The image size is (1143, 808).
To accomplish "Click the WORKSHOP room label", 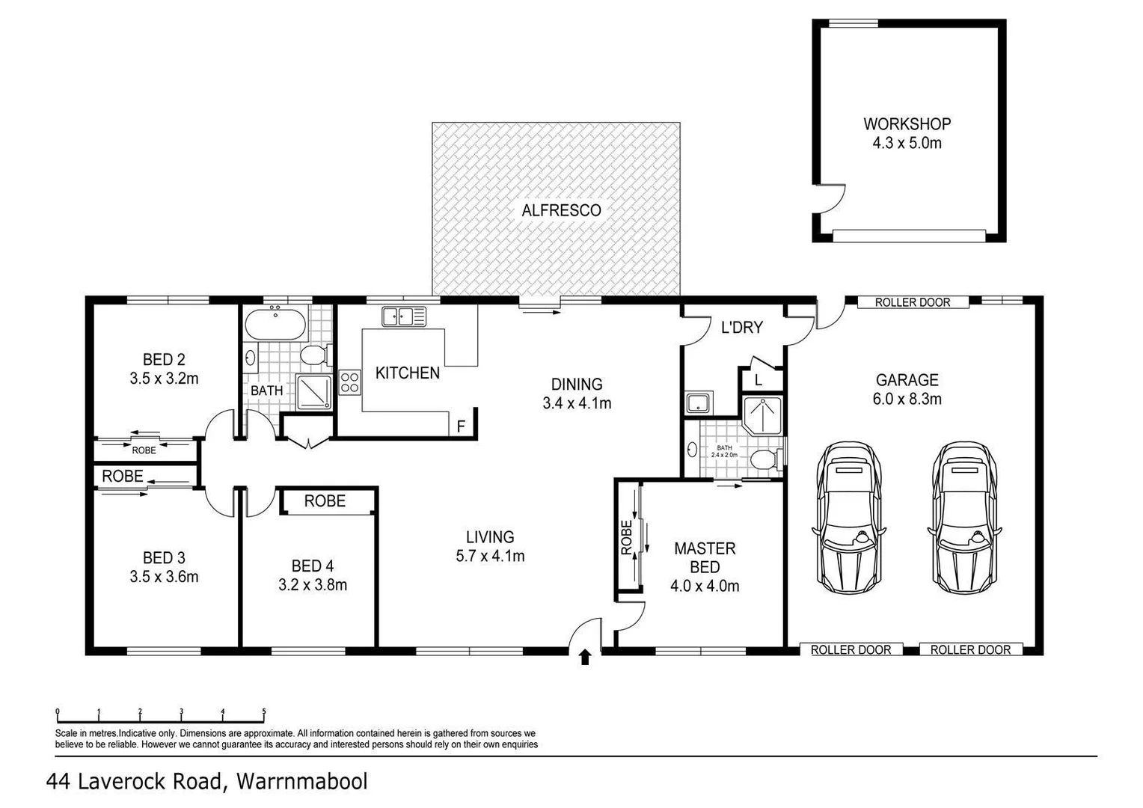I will tap(907, 124).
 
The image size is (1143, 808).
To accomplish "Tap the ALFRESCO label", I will tap(561, 210).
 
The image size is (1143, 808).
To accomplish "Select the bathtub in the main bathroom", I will tap(275, 323).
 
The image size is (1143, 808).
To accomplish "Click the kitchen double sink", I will tap(404, 316).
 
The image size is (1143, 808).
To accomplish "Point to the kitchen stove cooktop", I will tap(349, 382).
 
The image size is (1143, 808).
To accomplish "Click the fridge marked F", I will tap(461, 426).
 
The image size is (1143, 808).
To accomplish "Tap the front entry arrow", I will tap(585, 657).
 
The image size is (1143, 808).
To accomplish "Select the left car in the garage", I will tap(847, 517).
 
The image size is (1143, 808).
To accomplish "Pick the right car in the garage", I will tap(965, 517).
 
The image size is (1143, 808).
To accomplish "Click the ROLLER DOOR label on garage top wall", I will tap(912, 302).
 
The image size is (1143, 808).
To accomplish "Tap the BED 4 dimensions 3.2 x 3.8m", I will tap(313, 585).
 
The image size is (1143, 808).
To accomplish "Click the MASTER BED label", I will tap(705, 557).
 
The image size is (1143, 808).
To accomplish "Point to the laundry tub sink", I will tap(699, 403).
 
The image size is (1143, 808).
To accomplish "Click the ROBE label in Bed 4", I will tap(325, 501).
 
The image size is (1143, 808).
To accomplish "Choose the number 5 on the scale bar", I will tap(263, 712).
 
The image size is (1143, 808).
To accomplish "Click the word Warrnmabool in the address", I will tap(301, 782).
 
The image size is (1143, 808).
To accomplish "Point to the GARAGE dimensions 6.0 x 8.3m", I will tap(907, 399).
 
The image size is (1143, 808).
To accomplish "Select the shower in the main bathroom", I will tap(314, 392).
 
